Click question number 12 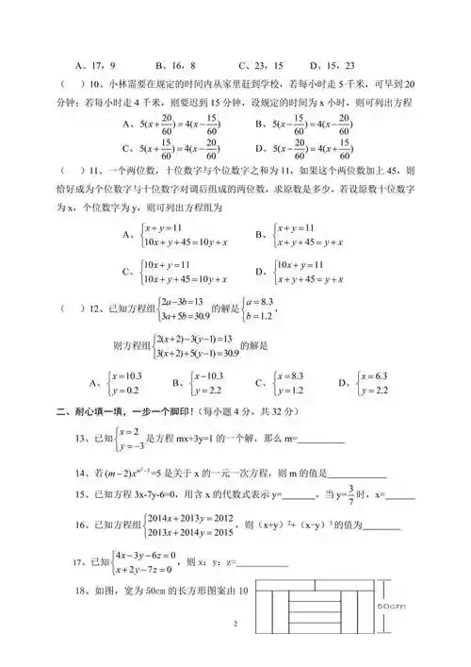(x=92, y=308)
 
